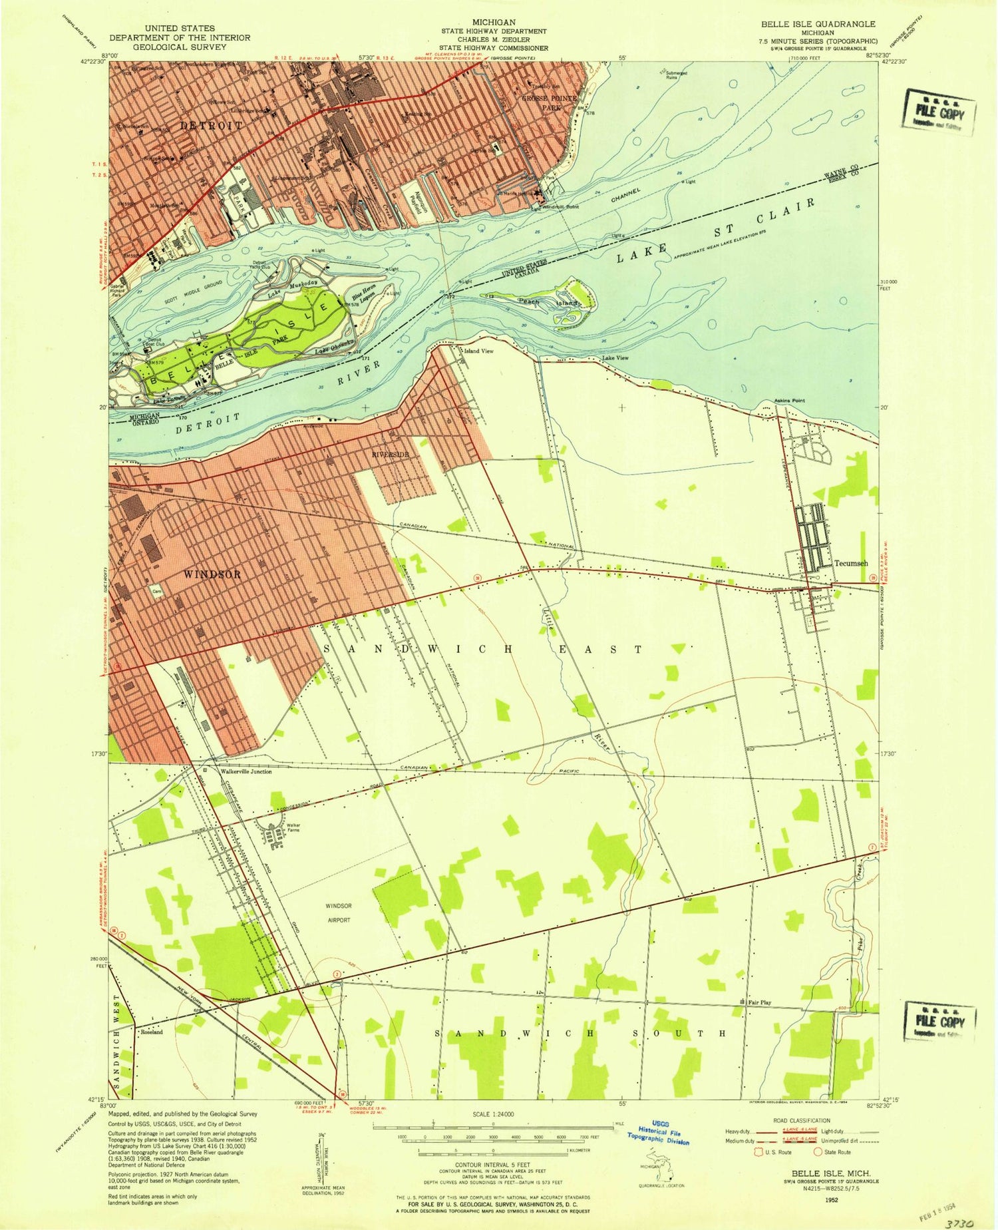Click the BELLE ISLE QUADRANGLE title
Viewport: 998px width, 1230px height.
(818, 24)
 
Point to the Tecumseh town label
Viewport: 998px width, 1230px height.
(851, 563)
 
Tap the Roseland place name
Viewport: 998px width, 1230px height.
(151, 1032)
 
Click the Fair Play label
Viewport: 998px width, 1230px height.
(759, 1002)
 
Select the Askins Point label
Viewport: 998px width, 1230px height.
(789, 401)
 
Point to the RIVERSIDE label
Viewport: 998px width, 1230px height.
(390, 454)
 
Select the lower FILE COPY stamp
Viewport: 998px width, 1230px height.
(939, 1020)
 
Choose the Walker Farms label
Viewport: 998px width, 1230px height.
(293, 828)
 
